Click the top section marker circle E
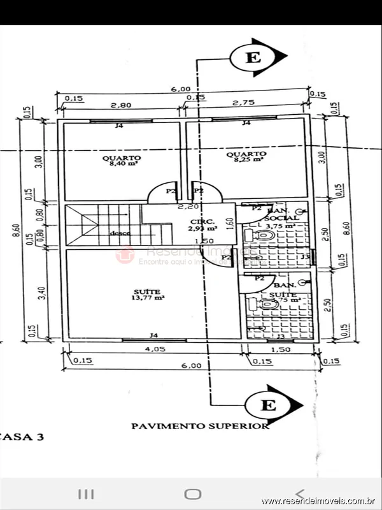[253, 58]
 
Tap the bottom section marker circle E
[269, 404]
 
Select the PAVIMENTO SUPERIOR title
[200, 426]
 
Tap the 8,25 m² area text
[245, 160]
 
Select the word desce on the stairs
[119, 233]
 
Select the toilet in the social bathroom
[262, 237]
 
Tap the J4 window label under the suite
[153, 335]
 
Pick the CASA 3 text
[24, 437]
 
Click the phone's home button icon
[192, 494]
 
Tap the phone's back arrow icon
[300, 493]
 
